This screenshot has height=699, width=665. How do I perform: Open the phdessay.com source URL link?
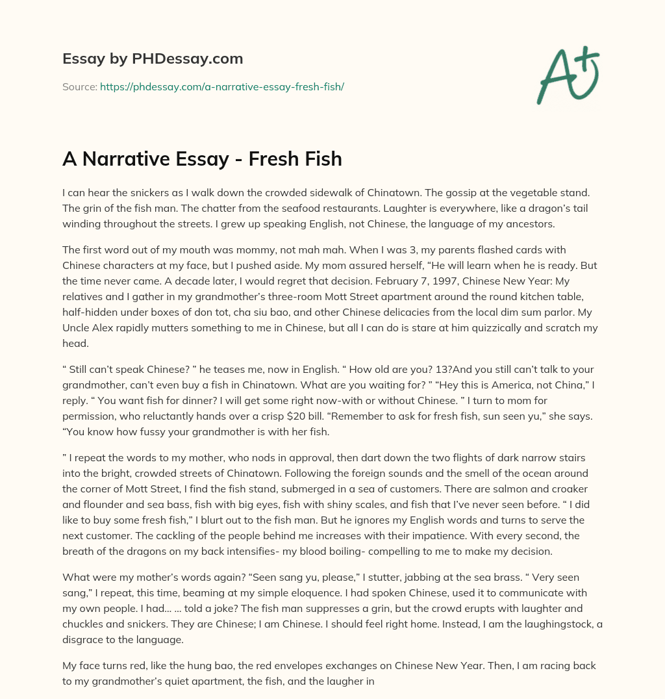coord(221,86)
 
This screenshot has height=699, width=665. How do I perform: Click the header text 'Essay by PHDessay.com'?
coord(153,58)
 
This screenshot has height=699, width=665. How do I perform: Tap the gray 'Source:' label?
coord(79,86)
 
